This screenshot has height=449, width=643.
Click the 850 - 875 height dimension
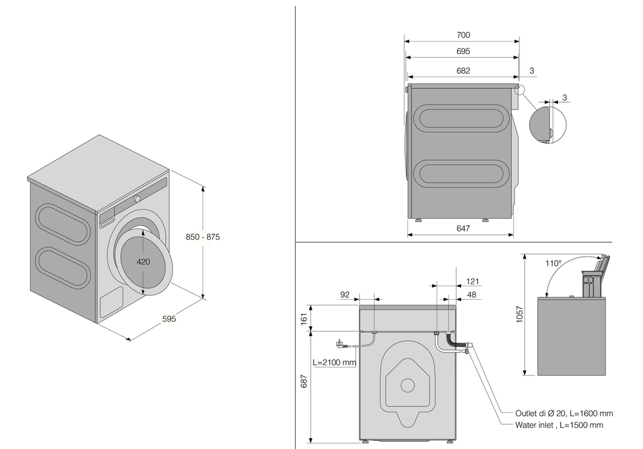pos(203,237)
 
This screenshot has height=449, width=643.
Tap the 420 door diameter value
pos(143,262)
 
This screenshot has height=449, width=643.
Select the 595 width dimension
pos(168,318)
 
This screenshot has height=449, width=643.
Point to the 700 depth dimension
pos(463,35)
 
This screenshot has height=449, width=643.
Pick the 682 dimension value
pos(463,71)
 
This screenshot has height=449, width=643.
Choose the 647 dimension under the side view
pos(463,228)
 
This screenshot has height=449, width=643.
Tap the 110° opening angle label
pos(553,263)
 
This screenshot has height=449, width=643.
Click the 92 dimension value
pos(345,295)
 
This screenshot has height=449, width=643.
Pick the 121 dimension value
pos(473,281)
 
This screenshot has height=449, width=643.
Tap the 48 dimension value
pos(473,295)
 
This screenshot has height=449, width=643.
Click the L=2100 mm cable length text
pos(334,362)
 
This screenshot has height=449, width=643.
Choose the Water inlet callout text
pos(559,425)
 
